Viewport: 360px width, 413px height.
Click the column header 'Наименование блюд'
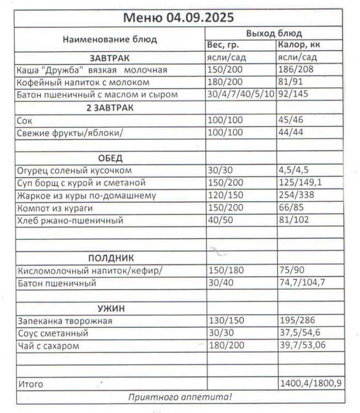(x=110, y=39)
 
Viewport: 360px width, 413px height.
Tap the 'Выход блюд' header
(x=274, y=34)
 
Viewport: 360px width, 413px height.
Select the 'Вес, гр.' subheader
(x=223, y=45)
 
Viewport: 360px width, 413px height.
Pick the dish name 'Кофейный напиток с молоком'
(x=83, y=82)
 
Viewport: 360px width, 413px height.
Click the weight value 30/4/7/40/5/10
(x=240, y=95)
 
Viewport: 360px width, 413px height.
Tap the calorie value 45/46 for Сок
(x=291, y=120)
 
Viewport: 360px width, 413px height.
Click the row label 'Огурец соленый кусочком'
(x=74, y=170)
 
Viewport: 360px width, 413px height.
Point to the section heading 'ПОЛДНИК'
(x=111, y=258)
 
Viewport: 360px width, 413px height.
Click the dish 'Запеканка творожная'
(x=64, y=321)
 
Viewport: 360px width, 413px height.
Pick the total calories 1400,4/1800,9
(x=310, y=384)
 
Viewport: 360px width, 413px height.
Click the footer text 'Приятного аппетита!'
(x=179, y=396)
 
